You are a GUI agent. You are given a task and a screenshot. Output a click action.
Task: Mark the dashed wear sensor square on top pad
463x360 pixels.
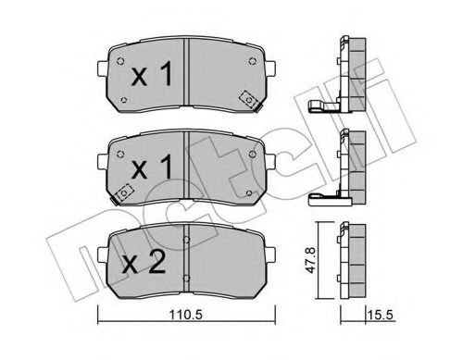pyautogui.click(x=248, y=97)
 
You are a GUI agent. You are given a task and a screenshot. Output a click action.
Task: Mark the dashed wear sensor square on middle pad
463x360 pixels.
pyautogui.click(x=125, y=193)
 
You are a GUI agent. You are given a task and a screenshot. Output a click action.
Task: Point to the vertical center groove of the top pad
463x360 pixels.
pyautogui.click(x=188, y=74)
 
